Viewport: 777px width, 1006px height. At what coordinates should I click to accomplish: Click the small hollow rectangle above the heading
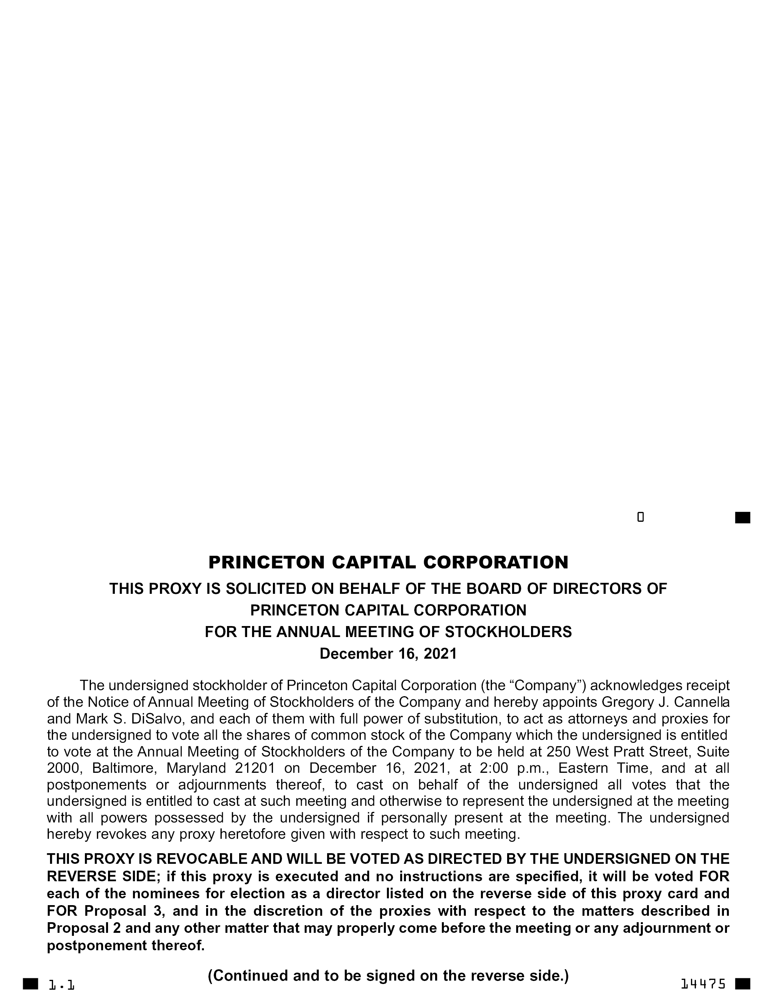click(x=640, y=517)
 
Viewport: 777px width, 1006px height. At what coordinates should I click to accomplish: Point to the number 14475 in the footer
click(x=703, y=984)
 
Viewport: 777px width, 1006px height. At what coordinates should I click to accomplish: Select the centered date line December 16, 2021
click(x=388, y=654)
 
